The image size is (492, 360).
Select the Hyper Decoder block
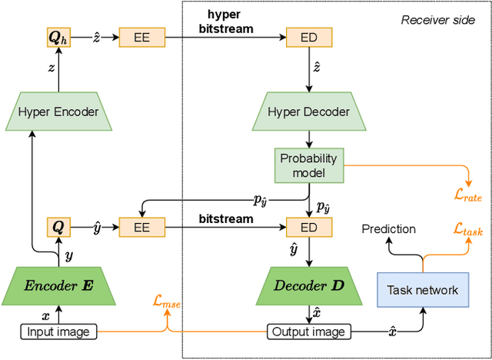[x=309, y=112]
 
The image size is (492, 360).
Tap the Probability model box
[x=309, y=163]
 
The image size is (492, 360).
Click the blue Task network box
[x=422, y=290]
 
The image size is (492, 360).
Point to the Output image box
[x=309, y=332]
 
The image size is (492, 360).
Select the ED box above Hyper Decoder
[x=309, y=35]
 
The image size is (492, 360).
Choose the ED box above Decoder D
[x=309, y=227]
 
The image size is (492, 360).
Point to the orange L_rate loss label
[x=467, y=196]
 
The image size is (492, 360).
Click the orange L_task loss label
[x=468, y=228]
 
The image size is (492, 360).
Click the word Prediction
[x=389, y=228]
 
